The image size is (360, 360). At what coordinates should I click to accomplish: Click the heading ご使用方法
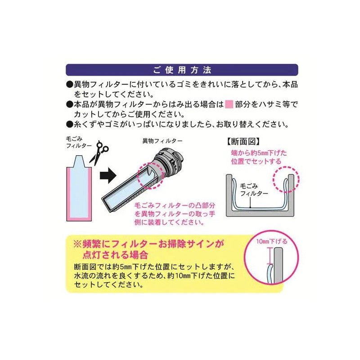point(182,70)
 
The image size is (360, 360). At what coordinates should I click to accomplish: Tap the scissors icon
point(99,152)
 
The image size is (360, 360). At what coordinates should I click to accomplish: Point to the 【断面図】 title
point(243,141)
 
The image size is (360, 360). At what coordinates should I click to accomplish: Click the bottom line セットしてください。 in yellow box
point(105,285)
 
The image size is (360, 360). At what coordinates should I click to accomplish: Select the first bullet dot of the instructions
point(69,84)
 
